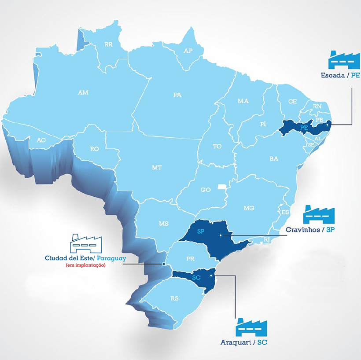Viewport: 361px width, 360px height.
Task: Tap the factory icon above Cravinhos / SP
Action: click(319, 214)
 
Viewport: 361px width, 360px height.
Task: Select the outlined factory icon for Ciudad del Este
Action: click(86, 243)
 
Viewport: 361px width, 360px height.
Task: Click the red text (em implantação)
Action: click(85, 265)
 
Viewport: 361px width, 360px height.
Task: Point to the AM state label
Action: click(83, 92)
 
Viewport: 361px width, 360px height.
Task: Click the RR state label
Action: click(109, 44)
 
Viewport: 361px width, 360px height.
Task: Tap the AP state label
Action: click(188, 51)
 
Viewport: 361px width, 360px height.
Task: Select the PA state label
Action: click(177, 95)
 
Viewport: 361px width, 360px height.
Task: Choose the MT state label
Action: click(157, 168)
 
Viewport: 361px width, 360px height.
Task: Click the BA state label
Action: click(274, 158)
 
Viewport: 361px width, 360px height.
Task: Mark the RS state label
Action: click(175, 298)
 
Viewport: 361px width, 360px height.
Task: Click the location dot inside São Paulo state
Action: click(221, 235)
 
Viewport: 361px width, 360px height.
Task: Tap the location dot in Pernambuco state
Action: click(327, 125)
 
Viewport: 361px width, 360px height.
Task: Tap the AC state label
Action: click(41, 140)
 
